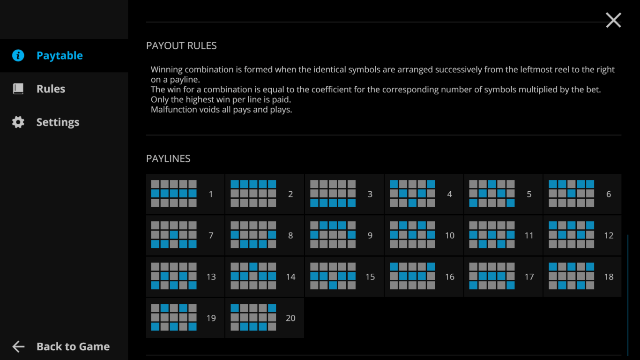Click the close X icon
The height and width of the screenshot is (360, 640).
pyautogui.click(x=613, y=20)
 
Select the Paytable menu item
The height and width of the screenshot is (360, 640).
pyautogui.click(x=60, y=55)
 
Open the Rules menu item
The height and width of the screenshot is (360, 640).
pyautogui.click(x=51, y=89)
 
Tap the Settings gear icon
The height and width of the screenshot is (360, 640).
pyautogui.click(x=18, y=122)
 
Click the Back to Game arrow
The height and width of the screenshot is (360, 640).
pyautogui.click(x=18, y=346)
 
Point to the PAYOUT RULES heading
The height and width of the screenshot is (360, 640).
pyautogui.click(x=181, y=45)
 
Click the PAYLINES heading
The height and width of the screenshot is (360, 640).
pyautogui.click(x=168, y=158)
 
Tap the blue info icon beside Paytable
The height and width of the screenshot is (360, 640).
pyautogui.click(x=18, y=55)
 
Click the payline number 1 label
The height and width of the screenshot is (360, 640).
pyautogui.click(x=211, y=194)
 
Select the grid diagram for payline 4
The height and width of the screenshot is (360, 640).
pyautogui.click(x=412, y=193)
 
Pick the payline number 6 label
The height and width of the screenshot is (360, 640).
pyautogui.click(x=609, y=194)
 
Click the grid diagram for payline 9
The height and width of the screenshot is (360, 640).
pyautogui.click(x=333, y=234)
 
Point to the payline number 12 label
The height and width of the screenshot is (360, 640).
pyautogui.click(x=609, y=235)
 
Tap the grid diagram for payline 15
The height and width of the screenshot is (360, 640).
pyautogui.click(x=333, y=276)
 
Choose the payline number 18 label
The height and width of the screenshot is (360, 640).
pyautogui.click(x=609, y=277)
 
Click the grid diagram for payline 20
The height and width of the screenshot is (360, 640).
pyautogui.click(x=253, y=317)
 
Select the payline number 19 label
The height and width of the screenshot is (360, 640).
pyautogui.click(x=211, y=318)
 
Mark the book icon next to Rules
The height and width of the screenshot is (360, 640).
pyautogui.click(x=18, y=89)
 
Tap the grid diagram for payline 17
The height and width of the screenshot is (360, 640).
pyautogui.click(x=492, y=276)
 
